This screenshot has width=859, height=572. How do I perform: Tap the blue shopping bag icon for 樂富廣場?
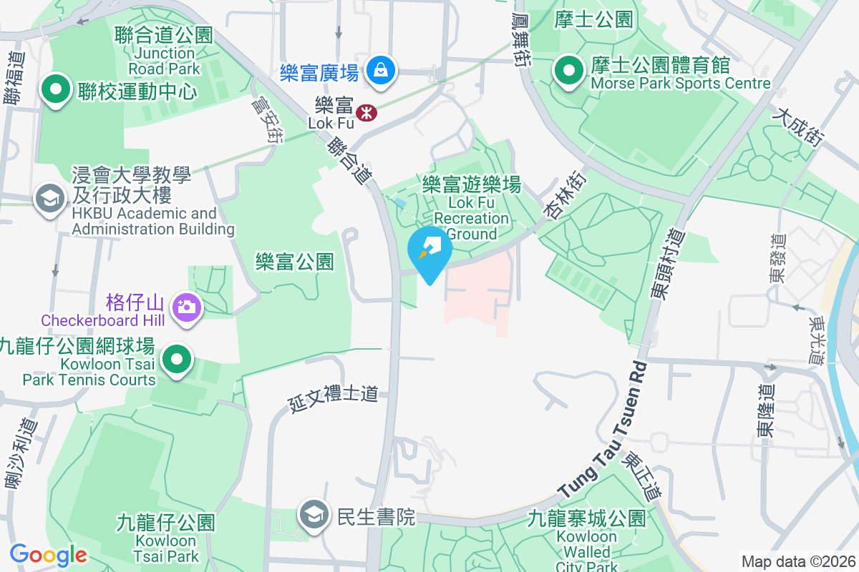point(379,71)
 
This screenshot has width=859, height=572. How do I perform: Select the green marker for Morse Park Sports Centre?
point(569,71)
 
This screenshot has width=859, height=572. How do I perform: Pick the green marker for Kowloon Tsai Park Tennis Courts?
point(176,359)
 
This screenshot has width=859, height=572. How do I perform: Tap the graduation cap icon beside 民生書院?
point(313,515)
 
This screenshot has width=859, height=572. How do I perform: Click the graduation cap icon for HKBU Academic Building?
point(49,199)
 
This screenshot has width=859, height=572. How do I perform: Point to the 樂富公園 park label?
point(294,262)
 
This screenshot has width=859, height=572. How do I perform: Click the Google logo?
point(48,554)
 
